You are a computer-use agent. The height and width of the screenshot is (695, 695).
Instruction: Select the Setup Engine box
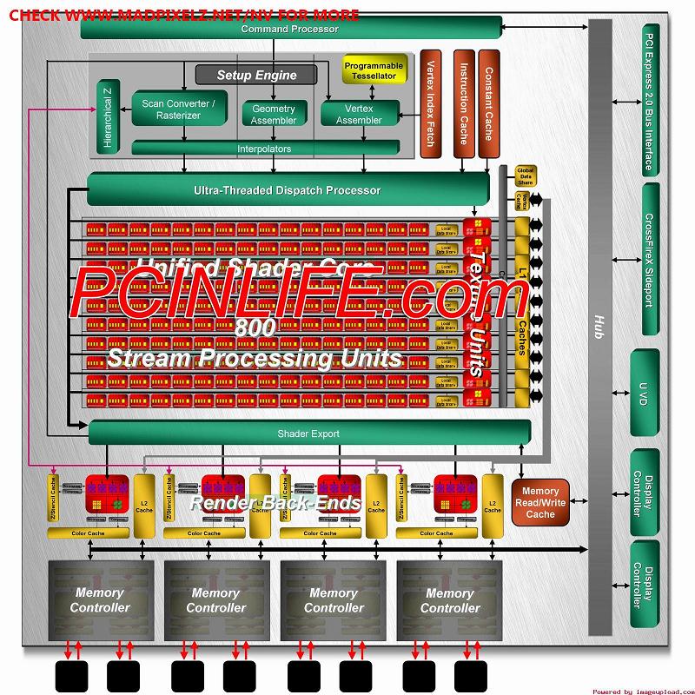point(256,75)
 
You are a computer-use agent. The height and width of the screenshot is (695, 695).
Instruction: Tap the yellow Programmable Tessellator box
point(374,70)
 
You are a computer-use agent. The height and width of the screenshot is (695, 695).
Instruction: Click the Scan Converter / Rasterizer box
point(179,109)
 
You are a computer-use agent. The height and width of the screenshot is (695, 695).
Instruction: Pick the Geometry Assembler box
point(274,114)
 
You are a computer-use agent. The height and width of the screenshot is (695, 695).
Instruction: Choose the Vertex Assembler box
point(359,114)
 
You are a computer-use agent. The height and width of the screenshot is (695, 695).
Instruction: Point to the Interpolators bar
point(265,149)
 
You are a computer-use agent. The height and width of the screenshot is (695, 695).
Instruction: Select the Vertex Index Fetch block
point(427,104)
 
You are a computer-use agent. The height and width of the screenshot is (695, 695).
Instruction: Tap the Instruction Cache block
point(463,104)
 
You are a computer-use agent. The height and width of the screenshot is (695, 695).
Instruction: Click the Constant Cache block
point(488,104)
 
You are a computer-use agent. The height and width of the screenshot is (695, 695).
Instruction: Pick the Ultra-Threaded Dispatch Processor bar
point(287,189)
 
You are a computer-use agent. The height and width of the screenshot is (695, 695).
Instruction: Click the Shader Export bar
point(308,433)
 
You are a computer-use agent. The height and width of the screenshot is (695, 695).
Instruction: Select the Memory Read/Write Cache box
point(540,503)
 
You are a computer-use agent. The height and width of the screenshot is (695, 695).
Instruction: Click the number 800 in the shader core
point(255,328)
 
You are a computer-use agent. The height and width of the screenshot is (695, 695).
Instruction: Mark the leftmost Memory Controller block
point(100,600)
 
